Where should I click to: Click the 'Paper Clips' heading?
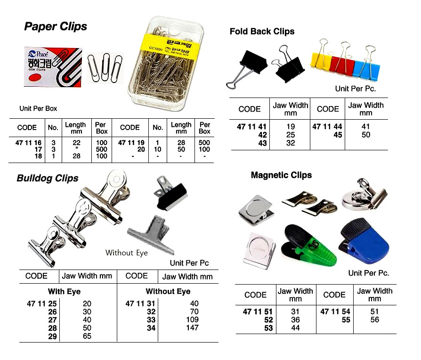click(56, 26)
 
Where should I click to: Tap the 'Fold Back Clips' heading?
click(262, 32)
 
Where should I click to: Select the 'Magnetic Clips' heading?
click(281, 175)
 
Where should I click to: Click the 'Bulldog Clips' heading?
click(48, 179)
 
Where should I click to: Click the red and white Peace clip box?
click(53, 66)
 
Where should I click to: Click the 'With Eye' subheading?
click(64, 292)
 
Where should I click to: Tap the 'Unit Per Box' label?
click(38, 108)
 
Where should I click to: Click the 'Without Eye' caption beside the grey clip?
click(126, 253)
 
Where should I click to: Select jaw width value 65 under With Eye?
click(87, 336)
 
